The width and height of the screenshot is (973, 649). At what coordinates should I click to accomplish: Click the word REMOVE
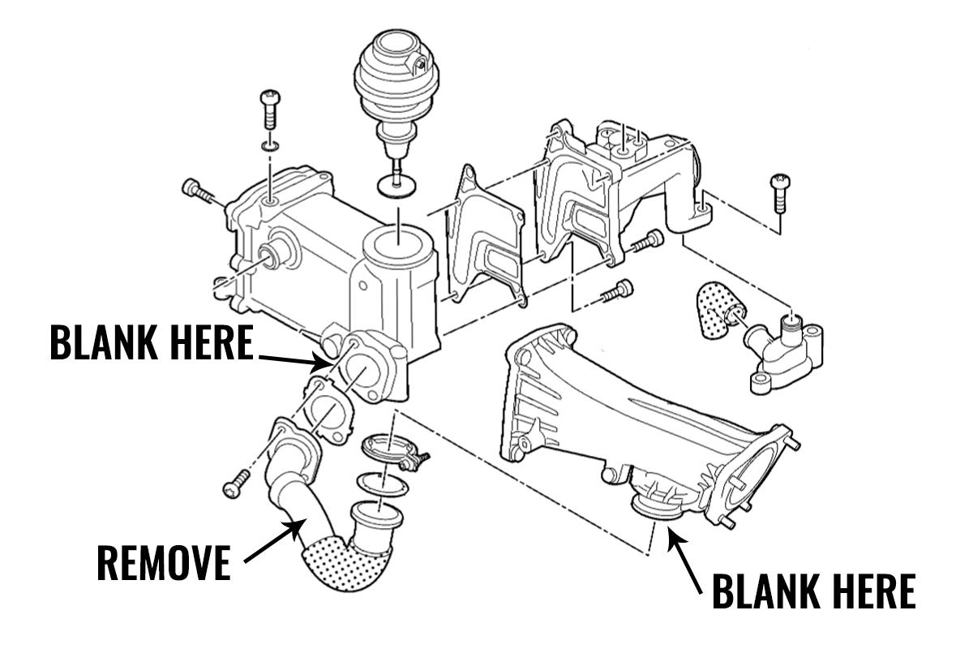(163, 562)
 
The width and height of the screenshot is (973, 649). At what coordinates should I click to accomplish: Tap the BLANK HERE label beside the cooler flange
(152, 343)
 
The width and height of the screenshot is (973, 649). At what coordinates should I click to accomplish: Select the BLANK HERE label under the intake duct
(813, 591)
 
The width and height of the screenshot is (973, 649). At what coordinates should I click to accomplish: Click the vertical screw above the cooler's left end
(269, 114)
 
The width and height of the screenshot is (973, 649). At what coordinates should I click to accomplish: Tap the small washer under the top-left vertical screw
(270, 146)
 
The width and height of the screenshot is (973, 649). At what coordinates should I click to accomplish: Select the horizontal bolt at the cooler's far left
(198, 192)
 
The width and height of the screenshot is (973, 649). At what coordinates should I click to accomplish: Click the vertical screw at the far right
(782, 191)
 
